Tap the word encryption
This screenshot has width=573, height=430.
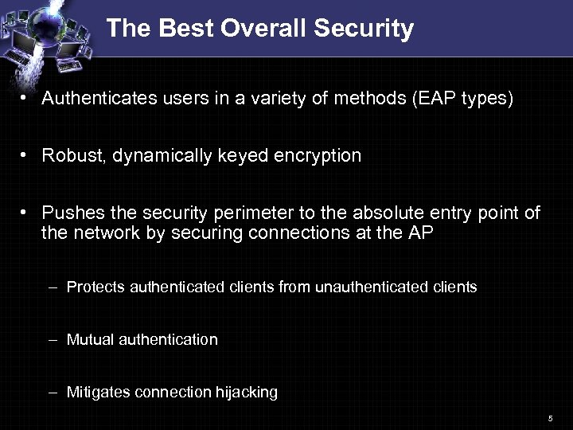click(x=318, y=156)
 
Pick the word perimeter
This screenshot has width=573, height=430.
click(x=246, y=213)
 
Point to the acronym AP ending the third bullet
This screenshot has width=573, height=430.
click(x=422, y=233)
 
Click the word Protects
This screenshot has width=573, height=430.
click(x=93, y=287)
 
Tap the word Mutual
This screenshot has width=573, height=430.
click(x=90, y=339)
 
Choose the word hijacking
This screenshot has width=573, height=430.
click(x=246, y=393)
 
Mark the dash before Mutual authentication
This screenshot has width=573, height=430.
click(x=52, y=339)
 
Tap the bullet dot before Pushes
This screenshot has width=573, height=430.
click(x=25, y=213)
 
